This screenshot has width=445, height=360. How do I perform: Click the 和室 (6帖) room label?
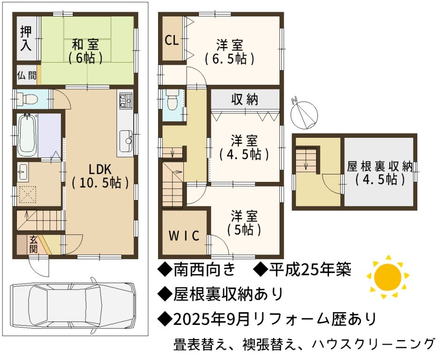pos(86,52)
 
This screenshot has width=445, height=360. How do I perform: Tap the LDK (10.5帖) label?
pos(100,176)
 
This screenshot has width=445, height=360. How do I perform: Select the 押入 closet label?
pos(26,38)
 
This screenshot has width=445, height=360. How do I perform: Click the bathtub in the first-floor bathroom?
pos(28,135)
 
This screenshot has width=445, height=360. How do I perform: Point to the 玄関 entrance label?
pos(33,245)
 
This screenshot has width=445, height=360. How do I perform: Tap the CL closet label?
pos(172,41)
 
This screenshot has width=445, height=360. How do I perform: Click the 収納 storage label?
pos(244,99)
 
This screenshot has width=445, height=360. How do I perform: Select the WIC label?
pos(184,235)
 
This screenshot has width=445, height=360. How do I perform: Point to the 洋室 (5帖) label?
pos(244,223)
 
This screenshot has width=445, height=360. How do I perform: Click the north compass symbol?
pos(304,113)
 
